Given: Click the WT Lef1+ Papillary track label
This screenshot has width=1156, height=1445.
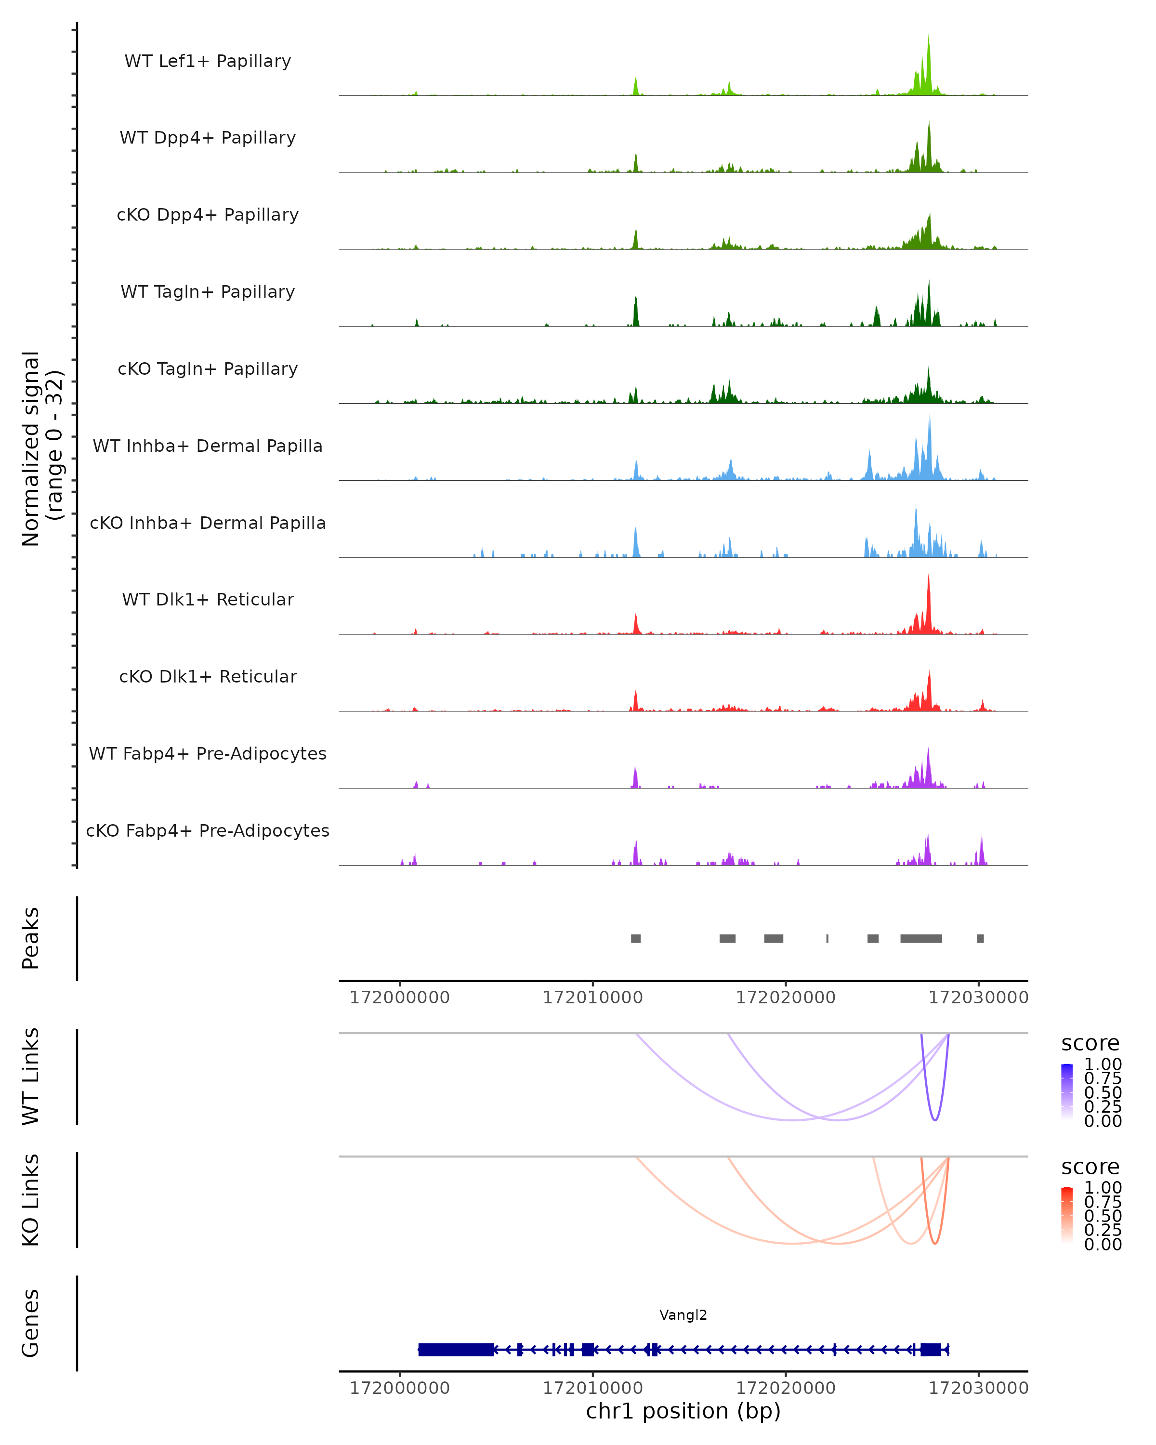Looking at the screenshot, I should (x=208, y=61).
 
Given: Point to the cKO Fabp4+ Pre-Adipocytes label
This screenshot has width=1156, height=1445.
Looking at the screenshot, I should (x=208, y=830).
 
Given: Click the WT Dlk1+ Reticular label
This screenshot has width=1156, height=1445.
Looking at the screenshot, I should (x=208, y=600).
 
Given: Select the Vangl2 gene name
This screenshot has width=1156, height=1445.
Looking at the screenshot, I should (x=683, y=1315).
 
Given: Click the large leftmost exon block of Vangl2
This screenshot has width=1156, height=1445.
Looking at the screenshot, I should (x=456, y=1349).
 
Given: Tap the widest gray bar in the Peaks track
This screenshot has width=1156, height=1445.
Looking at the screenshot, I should (x=921, y=938).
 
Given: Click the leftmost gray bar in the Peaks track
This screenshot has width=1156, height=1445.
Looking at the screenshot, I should (x=635, y=938).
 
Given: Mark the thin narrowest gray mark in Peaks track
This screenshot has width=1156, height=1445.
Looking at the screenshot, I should (x=827, y=938).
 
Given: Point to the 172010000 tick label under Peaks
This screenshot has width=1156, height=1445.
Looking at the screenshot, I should (x=592, y=998).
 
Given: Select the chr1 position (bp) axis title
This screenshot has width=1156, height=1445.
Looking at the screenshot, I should (x=683, y=1411).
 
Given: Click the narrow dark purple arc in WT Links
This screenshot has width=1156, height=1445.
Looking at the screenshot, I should (x=935, y=1118).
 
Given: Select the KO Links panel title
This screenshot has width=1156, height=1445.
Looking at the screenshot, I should (x=31, y=1200).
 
